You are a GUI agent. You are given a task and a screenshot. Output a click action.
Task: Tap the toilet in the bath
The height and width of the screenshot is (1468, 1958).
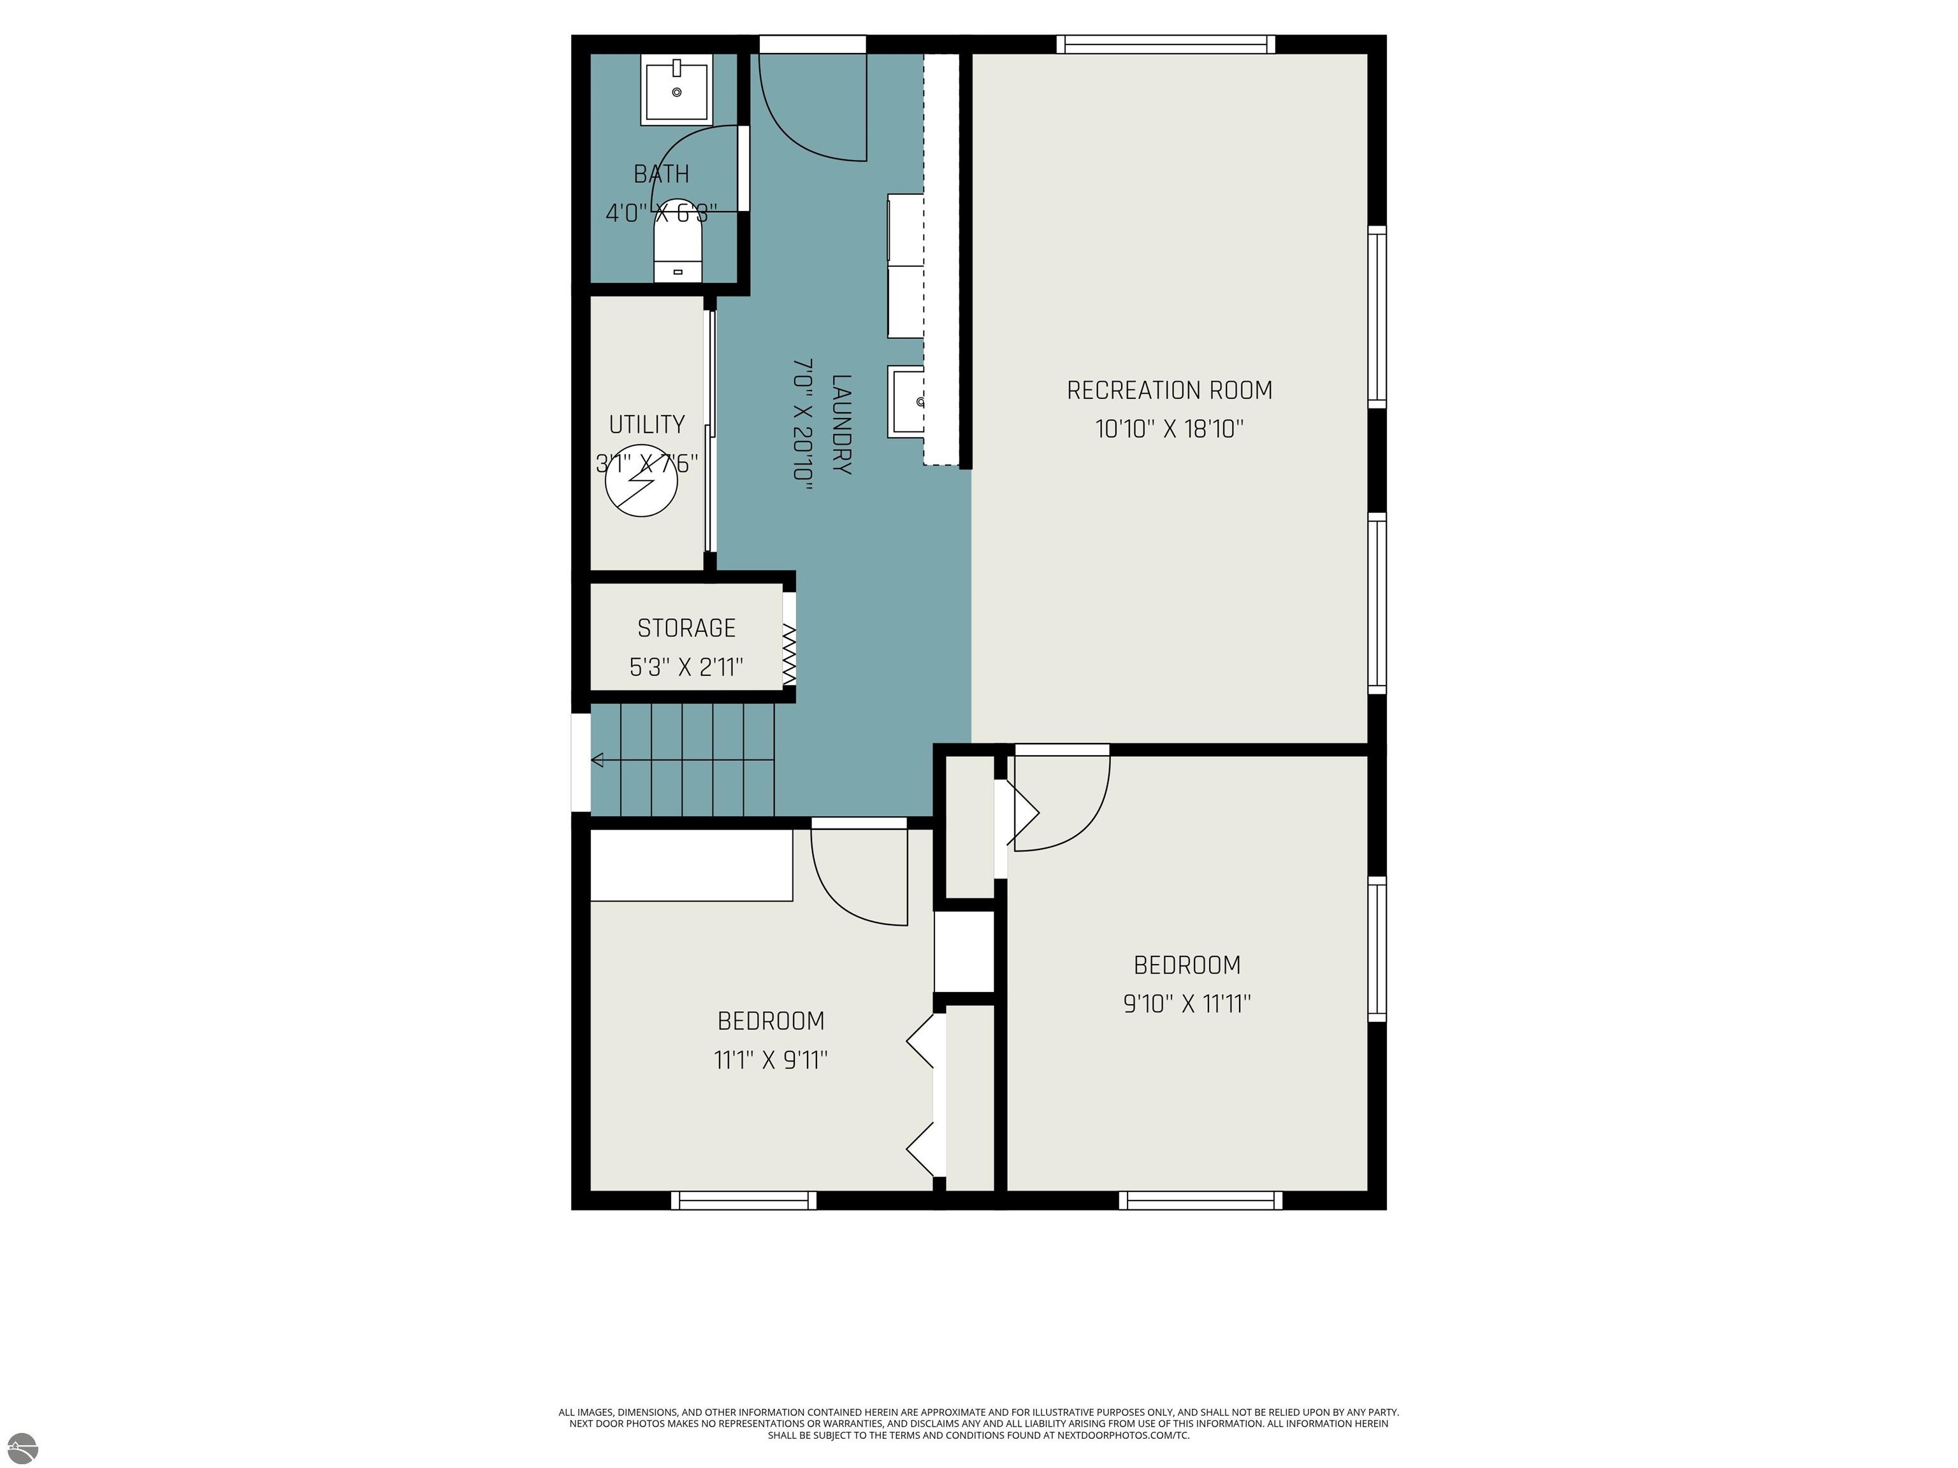[677, 250]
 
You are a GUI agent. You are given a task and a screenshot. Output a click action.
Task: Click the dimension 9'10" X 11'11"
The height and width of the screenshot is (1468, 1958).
[1186, 1004]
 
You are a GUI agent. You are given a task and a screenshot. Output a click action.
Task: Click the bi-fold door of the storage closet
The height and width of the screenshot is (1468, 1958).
[788, 655]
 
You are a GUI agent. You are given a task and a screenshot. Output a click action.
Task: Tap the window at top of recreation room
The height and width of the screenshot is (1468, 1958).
[1165, 44]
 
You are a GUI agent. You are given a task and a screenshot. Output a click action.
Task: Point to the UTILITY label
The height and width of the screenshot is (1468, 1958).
[646, 425]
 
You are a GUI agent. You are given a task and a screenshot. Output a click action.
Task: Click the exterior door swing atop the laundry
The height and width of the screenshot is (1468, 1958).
[813, 106]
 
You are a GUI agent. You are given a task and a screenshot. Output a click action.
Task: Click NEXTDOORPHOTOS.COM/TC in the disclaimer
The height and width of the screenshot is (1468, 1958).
[1122, 1436]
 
